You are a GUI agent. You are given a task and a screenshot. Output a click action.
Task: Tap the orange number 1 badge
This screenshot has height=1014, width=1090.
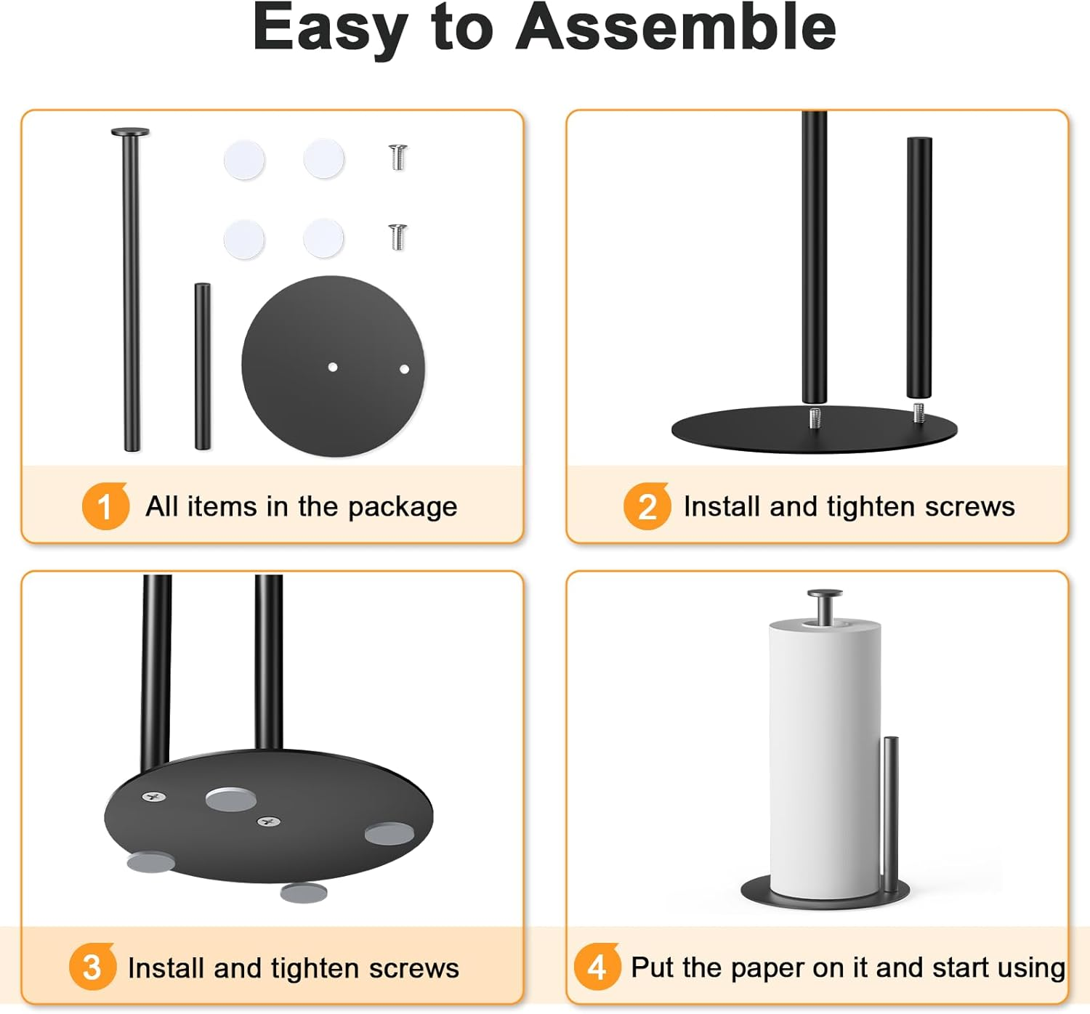(x=105, y=506)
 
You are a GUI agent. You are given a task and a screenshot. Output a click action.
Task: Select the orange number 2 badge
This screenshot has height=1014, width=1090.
(x=647, y=506)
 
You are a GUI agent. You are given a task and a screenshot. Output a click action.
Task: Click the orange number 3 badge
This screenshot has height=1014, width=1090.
(x=92, y=967)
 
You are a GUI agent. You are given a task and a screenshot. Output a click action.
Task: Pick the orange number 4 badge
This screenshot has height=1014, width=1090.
(x=597, y=967)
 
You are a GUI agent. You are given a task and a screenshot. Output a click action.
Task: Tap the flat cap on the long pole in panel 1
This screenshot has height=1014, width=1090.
(x=130, y=132)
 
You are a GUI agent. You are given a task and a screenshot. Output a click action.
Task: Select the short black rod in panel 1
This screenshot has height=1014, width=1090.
(x=203, y=367)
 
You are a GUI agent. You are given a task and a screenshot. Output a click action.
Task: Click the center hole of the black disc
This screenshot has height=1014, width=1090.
(x=333, y=367)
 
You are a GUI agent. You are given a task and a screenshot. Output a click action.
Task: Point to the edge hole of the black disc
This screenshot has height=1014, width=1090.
(x=404, y=369)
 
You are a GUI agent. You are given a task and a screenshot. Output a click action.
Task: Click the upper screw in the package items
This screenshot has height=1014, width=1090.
(x=397, y=158)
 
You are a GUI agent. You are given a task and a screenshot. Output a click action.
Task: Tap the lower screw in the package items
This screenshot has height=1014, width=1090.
(x=397, y=237)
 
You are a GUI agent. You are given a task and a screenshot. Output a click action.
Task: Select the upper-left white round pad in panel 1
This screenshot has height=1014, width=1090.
(x=244, y=160)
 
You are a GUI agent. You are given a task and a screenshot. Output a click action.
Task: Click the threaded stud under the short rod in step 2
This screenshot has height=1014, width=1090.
(x=919, y=413)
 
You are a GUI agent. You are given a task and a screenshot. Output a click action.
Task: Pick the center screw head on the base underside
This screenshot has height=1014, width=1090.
(x=269, y=822)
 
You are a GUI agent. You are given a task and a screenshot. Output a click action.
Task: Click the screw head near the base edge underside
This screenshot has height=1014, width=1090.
(x=153, y=797)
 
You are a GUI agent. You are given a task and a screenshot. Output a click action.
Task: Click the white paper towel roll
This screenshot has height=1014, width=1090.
(x=825, y=755)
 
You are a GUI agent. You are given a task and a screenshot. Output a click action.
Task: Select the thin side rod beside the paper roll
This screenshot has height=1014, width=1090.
(x=890, y=806)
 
